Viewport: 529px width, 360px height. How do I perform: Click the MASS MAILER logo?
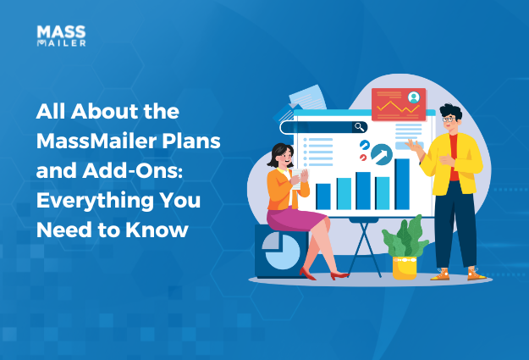tap(61, 36)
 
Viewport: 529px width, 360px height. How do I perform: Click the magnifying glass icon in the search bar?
tap(360, 127)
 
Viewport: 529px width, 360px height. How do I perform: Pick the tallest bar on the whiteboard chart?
tap(402, 183)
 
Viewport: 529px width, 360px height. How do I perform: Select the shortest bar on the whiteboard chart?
tap(323, 196)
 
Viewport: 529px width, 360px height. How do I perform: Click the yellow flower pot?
tap(405, 267)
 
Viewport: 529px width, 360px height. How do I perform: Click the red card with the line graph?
tap(398, 103)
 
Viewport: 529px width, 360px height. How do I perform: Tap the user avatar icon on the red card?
tap(414, 97)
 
